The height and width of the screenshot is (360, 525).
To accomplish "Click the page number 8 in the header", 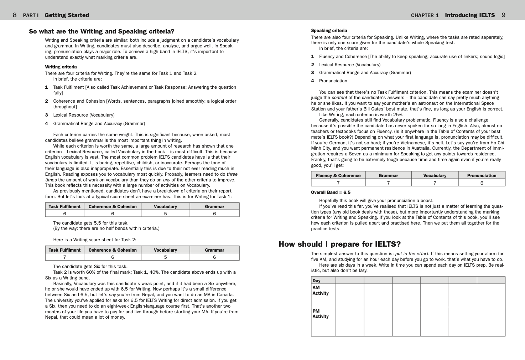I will coord(15,15).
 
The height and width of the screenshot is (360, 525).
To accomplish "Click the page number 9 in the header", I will coord(503,15).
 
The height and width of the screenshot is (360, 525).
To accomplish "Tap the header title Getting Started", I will coord(67,15).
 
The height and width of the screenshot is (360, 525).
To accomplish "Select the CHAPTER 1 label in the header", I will coord(425,15).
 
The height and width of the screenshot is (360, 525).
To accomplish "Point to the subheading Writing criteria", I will coord(61,67).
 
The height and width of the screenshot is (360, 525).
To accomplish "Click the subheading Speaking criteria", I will coord(329,31).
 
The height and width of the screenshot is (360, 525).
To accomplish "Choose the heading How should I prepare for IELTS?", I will coord(339,244).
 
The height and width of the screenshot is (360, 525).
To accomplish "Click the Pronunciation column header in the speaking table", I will coord(482,175).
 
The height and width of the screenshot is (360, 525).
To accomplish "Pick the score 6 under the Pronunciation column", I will coord(482,183).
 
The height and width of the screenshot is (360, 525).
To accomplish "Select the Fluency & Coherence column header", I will coord(338,175).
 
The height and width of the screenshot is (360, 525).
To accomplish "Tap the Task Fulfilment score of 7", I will coord(64,257).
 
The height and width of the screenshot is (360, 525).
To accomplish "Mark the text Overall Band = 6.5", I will coord(331,192).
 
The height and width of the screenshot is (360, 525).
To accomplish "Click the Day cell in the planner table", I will coord(316,281).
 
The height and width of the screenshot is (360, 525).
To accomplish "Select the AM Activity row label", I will coord(320,290).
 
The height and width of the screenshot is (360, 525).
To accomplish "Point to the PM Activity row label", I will coord(320,314).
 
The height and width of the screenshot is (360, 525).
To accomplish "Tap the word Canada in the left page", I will coord(227,295).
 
